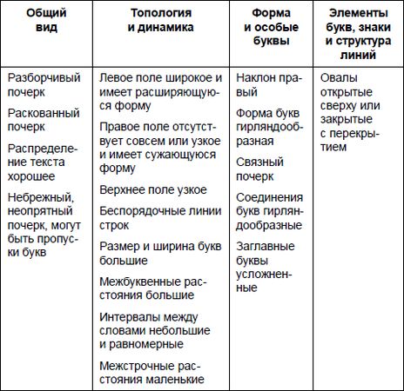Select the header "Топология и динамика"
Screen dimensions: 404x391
coord(161,21)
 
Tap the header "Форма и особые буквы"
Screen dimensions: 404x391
coord(270,27)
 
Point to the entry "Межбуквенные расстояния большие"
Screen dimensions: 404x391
coord(157,287)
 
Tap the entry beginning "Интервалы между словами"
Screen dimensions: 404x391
coord(157,329)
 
